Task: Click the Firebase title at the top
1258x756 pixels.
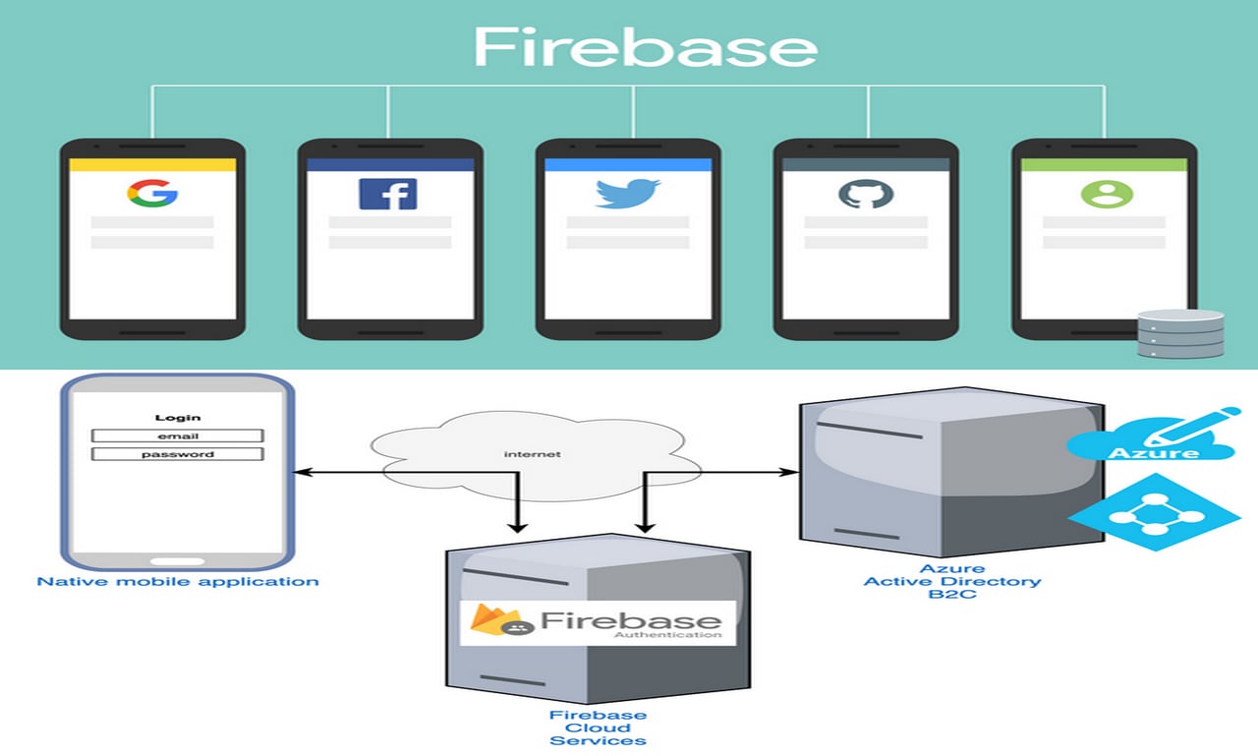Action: click(x=645, y=47)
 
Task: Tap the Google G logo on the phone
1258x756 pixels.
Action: click(x=151, y=193)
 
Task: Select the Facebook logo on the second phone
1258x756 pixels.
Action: click(x=387, y=194)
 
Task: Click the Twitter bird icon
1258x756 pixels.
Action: click(x=627, y=193)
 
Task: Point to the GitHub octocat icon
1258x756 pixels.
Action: click(x=866, y=193)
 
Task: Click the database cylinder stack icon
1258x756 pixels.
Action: click(x=1180, y=334)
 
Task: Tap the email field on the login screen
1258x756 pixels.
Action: click(x=178, y=436)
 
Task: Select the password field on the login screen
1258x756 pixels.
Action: click(x=178, y=454)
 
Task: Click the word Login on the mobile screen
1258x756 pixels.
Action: click(x=178, y=418)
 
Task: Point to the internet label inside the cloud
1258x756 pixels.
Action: click(x=532, y=454)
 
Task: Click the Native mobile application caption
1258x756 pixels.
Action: click(x=178, y=581)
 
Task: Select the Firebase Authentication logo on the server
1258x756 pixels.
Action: click(x=598, y=623)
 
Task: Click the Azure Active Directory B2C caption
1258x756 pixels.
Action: click(x=951, y=581)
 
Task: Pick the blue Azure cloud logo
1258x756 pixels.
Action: click(x=1152, y=438)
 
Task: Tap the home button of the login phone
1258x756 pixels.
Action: click(x=177, y=561)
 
